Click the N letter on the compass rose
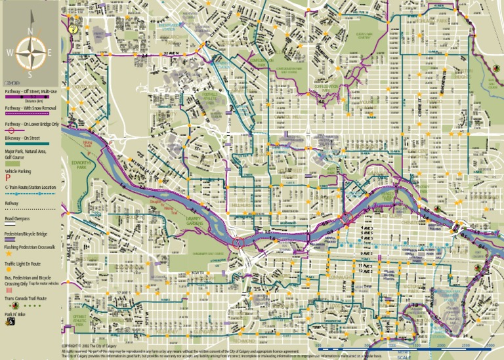pyautogui.click(x=30, y=31)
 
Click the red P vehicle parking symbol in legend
pyautogui.click(x=9, y=177)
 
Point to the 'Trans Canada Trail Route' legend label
pyautogui.click(x=26, y=298)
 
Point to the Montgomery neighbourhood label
pyautogui.click(x=85, y=87)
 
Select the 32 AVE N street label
pyautogui.click(x=172, y=53)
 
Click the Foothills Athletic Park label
pyautogui.click(x=211, y=98)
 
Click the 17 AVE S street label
pyautogui.click(x=121, y=292)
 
